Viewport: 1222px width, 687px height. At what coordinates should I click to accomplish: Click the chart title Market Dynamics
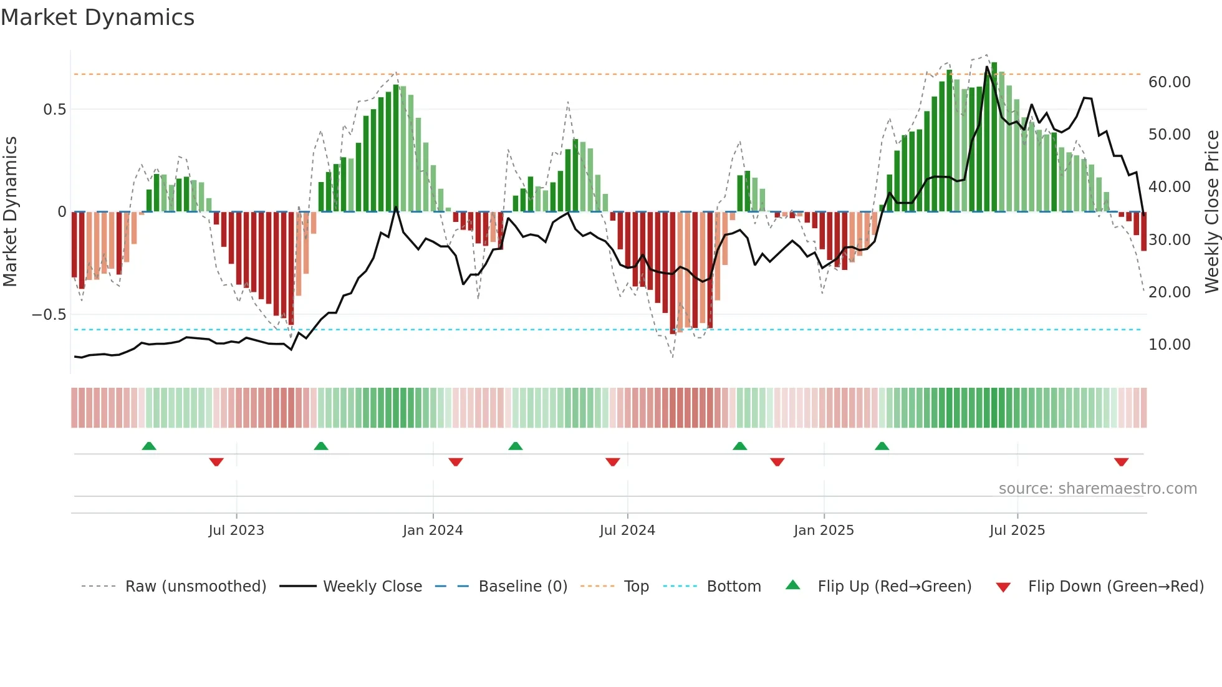tap(97, 17)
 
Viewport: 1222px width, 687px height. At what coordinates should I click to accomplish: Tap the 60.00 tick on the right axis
tap(1169, 82)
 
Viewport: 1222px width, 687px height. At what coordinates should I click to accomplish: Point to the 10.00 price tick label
tap(1169, 345)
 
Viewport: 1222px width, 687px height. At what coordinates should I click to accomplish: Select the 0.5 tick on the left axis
tap(54, 110)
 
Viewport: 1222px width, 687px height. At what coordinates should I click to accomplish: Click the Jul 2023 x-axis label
tap(236, 531)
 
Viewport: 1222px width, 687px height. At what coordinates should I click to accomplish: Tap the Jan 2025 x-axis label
tap(824, 531)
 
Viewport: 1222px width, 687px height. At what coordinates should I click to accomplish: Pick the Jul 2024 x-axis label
tap(627, 531)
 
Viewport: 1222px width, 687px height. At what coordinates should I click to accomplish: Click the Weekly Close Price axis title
tap(1211, 212)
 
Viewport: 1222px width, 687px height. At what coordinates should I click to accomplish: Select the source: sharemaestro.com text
tap(1097, 489)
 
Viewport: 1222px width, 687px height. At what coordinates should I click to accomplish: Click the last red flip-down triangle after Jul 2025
tap(1121, 462)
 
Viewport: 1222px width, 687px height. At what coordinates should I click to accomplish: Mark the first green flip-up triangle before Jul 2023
tap(149, 446)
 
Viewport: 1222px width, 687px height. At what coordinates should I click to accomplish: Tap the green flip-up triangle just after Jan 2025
tap(882, 446)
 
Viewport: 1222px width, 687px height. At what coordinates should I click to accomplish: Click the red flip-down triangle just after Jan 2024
tap(456, 462)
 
